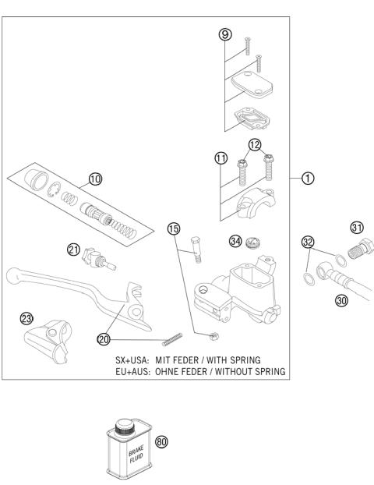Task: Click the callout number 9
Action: click(224, 36)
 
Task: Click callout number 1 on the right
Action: click(309, 178)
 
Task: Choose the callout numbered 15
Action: click(175, 228)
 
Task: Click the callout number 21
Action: click(73, 250)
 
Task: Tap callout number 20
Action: click(104, 338)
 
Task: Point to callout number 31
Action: click(357, 228)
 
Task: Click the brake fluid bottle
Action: click(129, 450)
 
